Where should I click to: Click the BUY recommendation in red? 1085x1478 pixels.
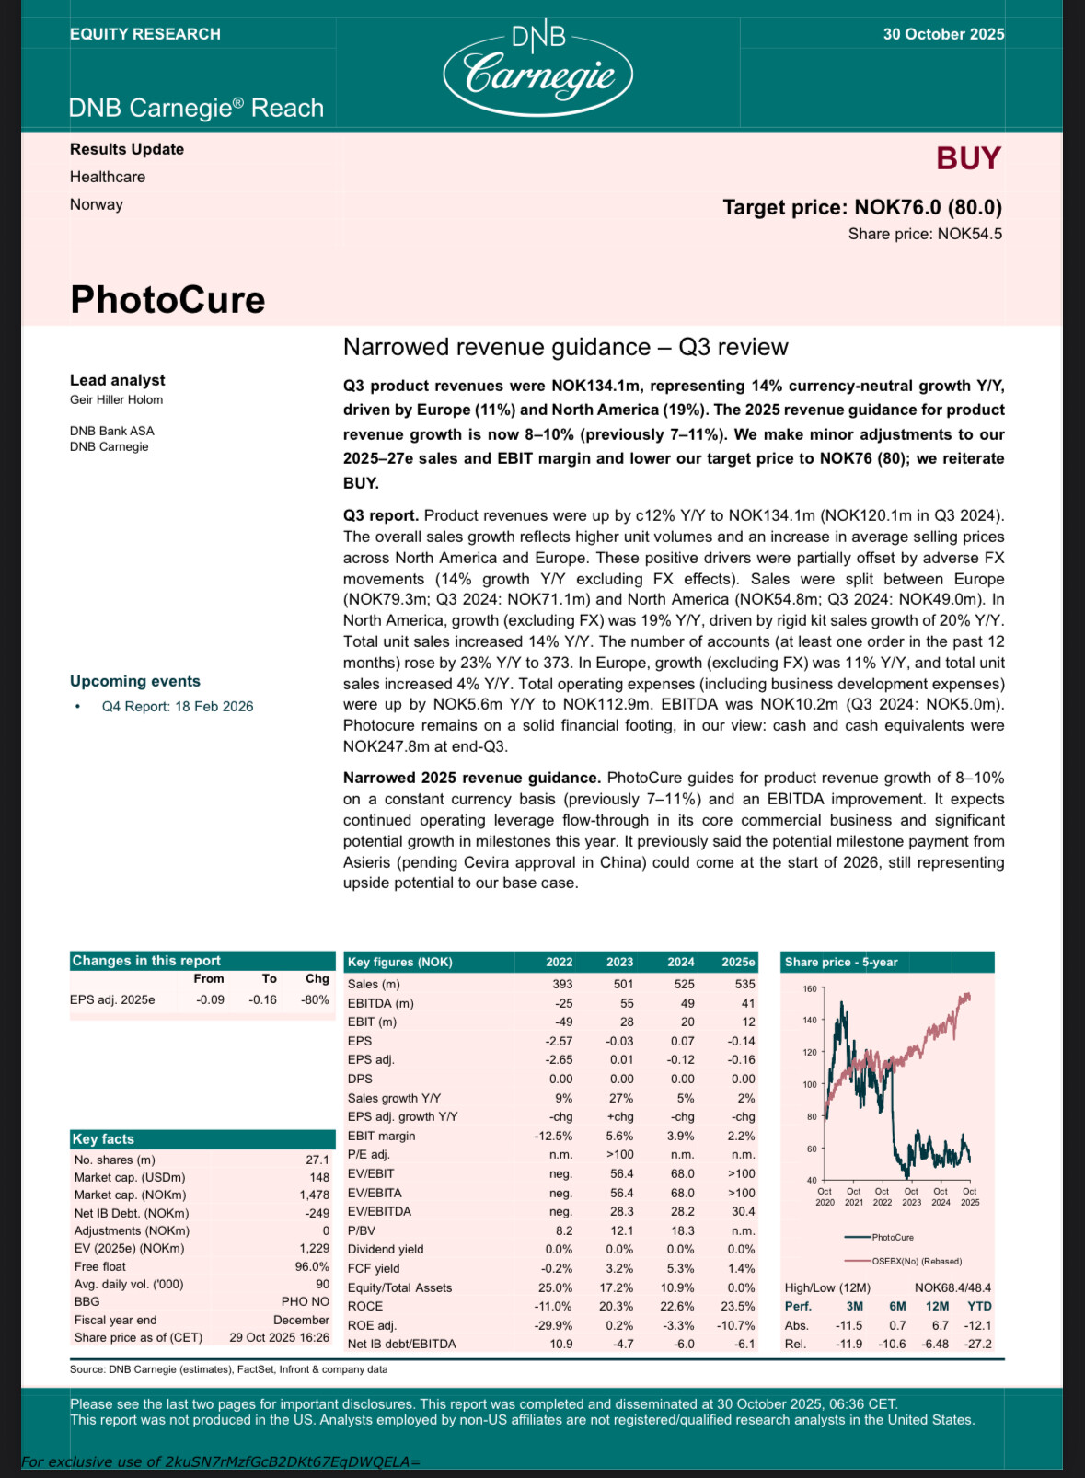[968, 159]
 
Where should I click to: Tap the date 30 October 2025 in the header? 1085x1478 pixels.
[943, 34]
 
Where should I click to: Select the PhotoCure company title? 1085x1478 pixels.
[167, 300]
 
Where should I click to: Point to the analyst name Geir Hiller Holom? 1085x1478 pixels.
[116, 399]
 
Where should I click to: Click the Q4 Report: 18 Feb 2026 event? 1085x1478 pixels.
[178, 707]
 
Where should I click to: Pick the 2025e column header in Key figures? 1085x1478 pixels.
[738, 962]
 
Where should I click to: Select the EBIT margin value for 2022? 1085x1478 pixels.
[553, 1136]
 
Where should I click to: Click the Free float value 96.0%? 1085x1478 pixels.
[312, 1266]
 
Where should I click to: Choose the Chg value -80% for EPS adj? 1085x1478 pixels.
[316, 999]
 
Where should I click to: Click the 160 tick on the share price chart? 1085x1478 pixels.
[810, 988]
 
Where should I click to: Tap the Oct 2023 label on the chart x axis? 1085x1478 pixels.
[911, 1196]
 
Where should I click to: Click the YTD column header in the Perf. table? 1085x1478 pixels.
[979, 1306]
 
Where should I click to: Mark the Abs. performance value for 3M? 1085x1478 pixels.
[848, 1325]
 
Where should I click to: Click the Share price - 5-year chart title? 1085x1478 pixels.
[840, 962]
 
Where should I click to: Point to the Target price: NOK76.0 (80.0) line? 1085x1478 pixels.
[862, 207]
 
